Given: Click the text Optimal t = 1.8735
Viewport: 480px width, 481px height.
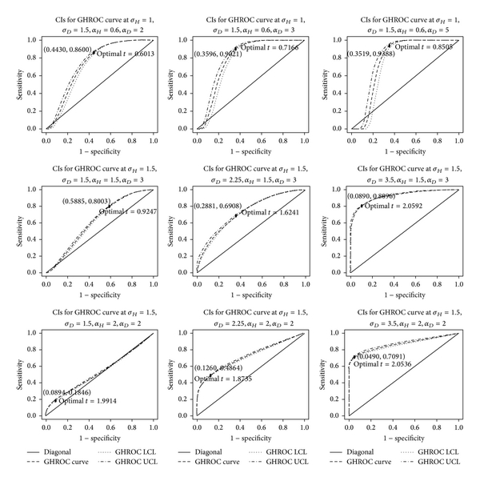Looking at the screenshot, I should [220, 381].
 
